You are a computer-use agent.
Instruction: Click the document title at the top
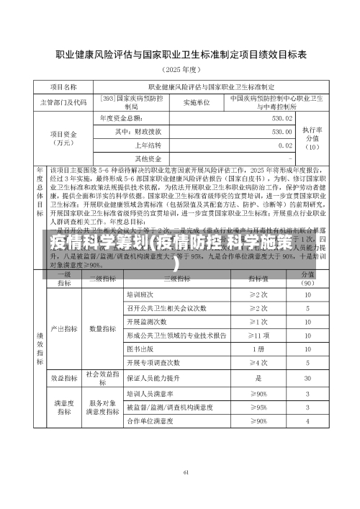coord(181,54)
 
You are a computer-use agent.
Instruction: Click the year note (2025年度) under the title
coord(181,70)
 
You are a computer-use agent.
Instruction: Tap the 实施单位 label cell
coord(196,102)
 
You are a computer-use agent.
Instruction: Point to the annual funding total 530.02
coord(282,118)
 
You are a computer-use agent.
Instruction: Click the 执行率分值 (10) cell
coord(312,137)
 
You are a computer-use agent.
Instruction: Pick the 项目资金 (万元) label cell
coord(66,138)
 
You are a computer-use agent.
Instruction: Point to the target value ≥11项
coord(258,335)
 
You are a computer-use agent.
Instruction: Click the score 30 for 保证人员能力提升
coord(307,377)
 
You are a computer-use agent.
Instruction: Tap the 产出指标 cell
coord(64,328)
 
